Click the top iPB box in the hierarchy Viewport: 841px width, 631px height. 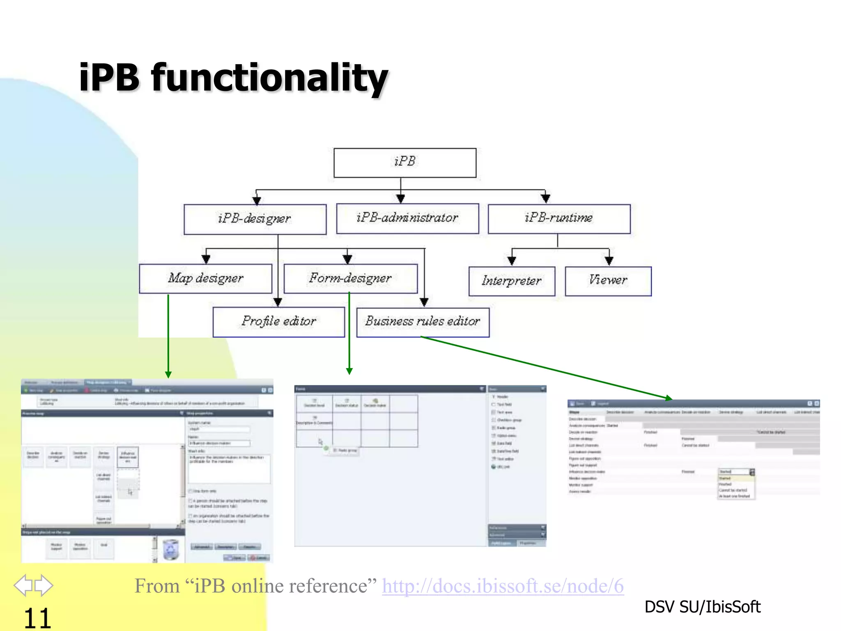pyautogui.click(x=404, y=163)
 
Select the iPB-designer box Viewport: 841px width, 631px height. pyautogui.click(x=255, y=219)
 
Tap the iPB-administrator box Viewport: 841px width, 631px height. pyautogui.click(x=407, y=218)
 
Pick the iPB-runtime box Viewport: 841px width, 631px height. pyautogui.click(x=558, y=218)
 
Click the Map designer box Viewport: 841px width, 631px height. pyautogui.click(x=205, y=279)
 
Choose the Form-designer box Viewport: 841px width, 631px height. pyautogui.click(x=350, y=279)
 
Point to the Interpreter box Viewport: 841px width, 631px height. pyautogui.click(x=511, y=281)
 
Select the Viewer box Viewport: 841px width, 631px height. pyautogui.click(x=608, y=281)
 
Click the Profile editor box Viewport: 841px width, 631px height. pyautogui.click(x=278, y=322)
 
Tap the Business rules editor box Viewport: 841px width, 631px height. pyautogui.click(x=423, y=322)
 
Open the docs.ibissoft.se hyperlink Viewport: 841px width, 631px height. pyautogui.click(x=503, y=586)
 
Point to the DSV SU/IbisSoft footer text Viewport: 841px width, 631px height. pyautogui.click(x=702, y=607)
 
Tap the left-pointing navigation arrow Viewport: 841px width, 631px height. pyautogui.click(x=23, y=585)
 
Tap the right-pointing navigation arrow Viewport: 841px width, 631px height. pyautogui.click(x=44, y=585)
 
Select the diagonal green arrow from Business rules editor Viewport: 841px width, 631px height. pyautogui.click(x=546, y=368)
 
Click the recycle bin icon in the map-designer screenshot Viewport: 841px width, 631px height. pyautogui.click(x=171, y=550)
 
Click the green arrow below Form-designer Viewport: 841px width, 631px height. pyautogui.click(x=349, y=333)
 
